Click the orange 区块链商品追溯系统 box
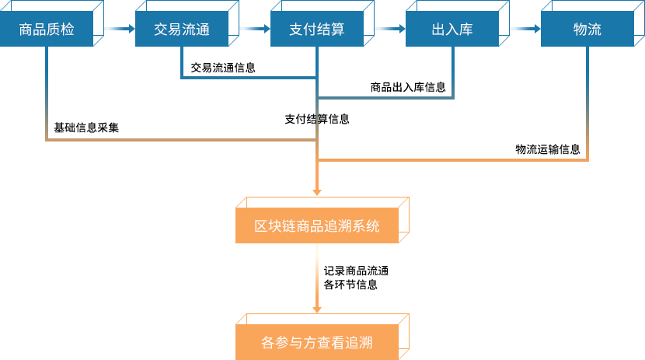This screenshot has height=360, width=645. pyautogui.click(x=317, y=226)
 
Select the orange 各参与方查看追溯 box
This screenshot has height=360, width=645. pyautogui.click(x=317, y=342)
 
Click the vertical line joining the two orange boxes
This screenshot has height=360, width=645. pyautogui.click(x=317, y=276)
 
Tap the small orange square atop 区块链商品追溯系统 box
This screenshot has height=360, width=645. pyautogui.click(x=317, y=193)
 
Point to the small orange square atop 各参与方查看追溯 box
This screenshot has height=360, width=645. pyautogui.click(x=317, y=309)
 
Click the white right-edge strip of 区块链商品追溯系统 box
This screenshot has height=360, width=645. pyautogui.click(x=404, y=218)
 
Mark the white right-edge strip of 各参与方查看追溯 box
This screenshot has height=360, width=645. pyautogui.click(x=404, y=334)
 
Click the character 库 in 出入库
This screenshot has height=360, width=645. pyautogui.click(x=465, y=30)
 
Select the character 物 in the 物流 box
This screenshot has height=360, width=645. pyautogui.click(x=580, y=30)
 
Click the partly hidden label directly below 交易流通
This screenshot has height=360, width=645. pyautogui.click(x=223, y=68)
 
